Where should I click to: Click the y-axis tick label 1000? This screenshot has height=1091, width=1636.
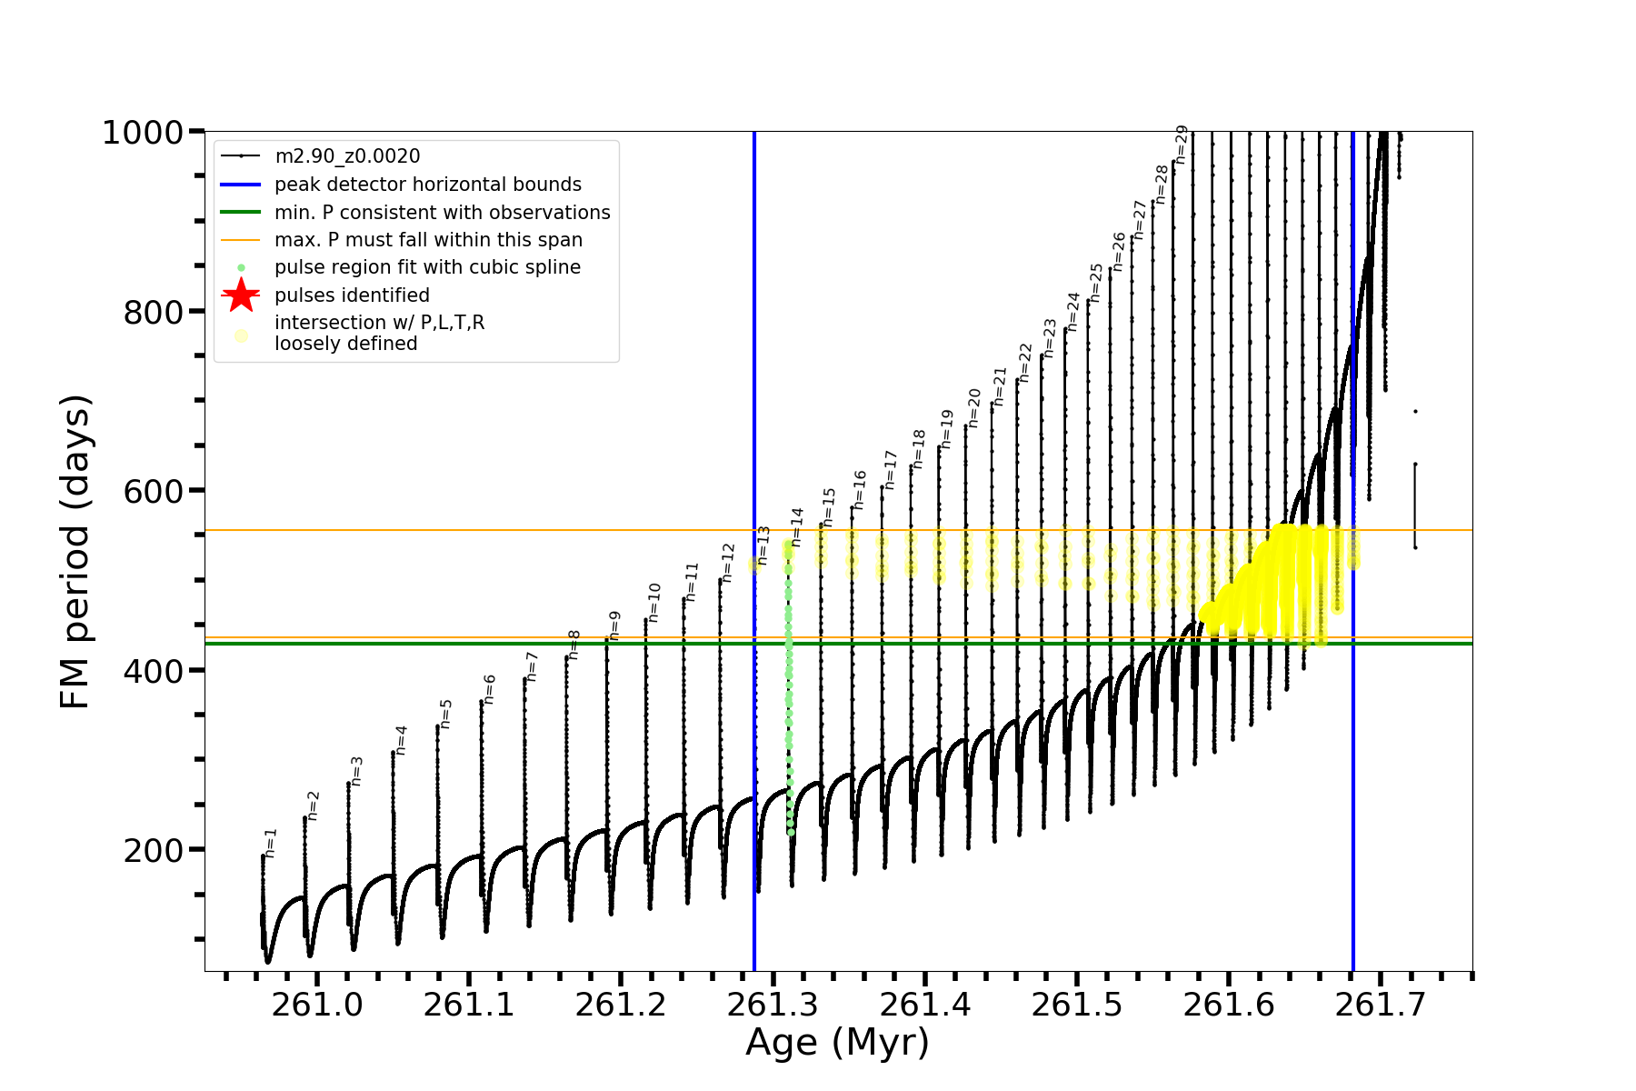143,133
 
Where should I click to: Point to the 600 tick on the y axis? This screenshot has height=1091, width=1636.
154,491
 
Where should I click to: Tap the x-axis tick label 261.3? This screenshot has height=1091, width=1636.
773,1005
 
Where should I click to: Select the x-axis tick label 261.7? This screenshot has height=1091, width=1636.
1381,1005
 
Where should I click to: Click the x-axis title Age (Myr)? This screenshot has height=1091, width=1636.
837,1043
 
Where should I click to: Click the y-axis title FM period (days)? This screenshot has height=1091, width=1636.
75,551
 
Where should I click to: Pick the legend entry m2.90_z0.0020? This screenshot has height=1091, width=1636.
347,156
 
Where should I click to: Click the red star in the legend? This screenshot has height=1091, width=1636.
241,295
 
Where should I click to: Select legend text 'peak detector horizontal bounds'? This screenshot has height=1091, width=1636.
428,185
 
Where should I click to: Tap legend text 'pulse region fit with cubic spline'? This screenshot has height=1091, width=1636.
427,267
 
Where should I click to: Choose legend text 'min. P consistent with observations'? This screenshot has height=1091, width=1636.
443,213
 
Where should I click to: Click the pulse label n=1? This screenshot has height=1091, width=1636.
271,843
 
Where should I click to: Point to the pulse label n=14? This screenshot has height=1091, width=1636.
797,527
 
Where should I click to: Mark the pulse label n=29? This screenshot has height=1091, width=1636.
1182,144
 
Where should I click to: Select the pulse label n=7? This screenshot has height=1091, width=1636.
533,666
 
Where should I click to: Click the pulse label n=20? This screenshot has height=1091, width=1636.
974,407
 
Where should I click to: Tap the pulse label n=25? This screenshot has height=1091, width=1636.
1096,283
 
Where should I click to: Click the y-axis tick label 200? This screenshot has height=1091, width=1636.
154,851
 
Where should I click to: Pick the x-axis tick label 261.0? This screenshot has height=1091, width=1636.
317,1005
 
